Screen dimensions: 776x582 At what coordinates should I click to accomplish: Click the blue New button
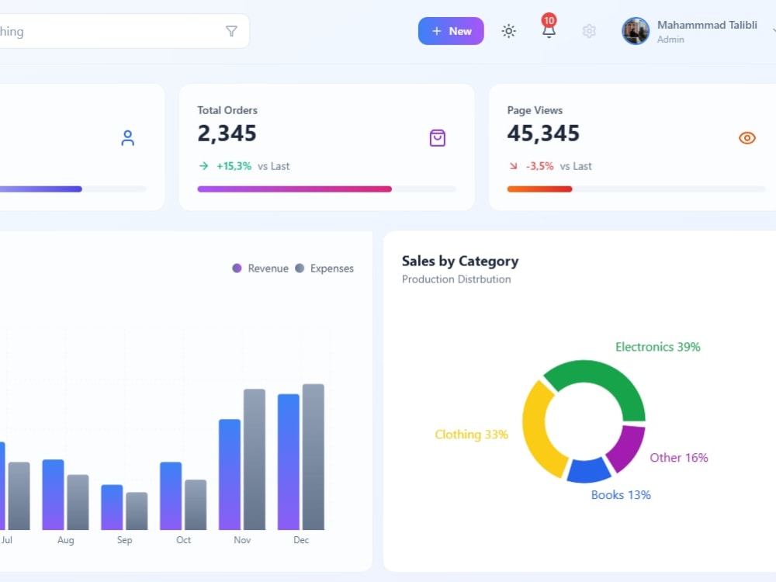(x=451, y=31)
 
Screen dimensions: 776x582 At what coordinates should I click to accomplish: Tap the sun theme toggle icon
(x=509, y=31)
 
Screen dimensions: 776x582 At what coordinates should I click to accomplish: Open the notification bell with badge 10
(x=549, y=26)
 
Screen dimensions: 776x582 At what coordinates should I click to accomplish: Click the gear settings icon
(x=589, y=31)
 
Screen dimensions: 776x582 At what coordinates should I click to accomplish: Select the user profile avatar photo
(x=636, y=31)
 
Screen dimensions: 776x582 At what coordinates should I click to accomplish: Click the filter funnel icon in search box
(x=231, y=31)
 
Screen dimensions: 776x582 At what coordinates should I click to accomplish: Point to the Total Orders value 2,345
(x=227, y=133)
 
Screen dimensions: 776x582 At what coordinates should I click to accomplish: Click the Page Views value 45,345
(x=543, y=133)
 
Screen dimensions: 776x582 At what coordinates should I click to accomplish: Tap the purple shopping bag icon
(x=438, y=137)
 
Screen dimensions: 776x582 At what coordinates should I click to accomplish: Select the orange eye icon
(x=747, y=137)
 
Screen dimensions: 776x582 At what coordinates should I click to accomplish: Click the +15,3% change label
(x=234, y=166)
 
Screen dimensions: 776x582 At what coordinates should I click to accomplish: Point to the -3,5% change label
(x=539, y=166)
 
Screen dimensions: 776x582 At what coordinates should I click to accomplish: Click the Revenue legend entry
(x=260, y=268)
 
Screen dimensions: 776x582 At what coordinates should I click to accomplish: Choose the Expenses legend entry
(x=324, y=268)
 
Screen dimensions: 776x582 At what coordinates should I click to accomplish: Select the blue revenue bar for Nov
(x=230, y=475)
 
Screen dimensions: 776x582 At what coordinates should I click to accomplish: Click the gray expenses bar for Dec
(x=314, y=457)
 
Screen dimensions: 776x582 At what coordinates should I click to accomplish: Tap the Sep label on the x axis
(x=125, y=540)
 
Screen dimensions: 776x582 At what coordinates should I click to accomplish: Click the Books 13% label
(x=621, y=495)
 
